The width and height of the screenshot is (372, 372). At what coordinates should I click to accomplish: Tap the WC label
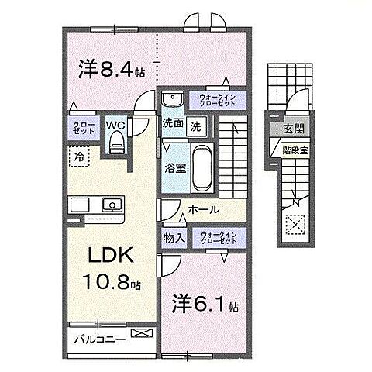pos(116,124)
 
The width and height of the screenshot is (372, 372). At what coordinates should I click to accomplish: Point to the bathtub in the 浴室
pos(200,162)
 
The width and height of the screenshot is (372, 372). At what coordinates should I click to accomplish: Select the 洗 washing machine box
pos(196,125)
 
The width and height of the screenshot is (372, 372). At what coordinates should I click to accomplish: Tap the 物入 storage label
pos(174,237)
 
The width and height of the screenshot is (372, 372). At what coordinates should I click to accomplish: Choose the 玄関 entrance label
pos(294,129)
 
